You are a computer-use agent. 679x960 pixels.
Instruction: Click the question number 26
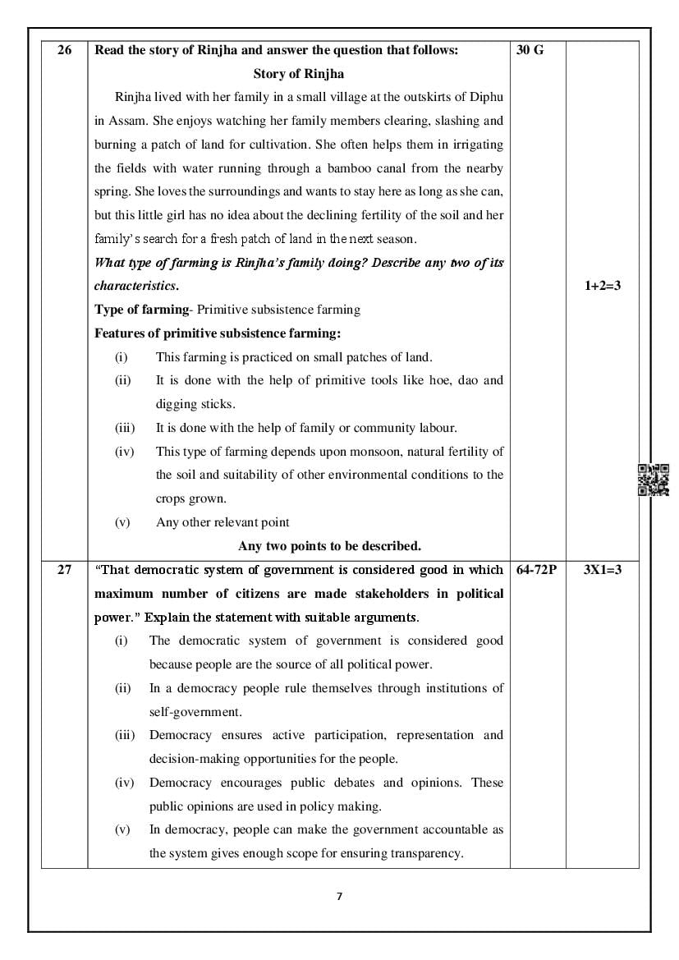coord(65,50)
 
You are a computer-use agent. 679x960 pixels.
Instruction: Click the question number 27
coord(65,569)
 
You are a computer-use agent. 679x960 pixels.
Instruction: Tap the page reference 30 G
coord(530,50)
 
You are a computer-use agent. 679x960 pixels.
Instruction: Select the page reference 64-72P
coord(537,569)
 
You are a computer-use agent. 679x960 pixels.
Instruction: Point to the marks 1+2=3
coord(602,287)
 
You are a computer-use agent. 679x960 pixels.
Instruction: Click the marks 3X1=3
coord(602,569)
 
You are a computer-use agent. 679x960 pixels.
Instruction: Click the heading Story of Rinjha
coord(299,74)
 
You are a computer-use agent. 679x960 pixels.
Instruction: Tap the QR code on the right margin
coord(654,480)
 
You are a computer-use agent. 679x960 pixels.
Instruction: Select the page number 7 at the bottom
coord(339,896)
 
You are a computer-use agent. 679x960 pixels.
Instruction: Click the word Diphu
coord(486,97)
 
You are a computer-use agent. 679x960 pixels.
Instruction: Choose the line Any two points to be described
coord(329,545)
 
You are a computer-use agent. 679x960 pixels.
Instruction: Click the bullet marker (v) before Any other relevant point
coord(122,522)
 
